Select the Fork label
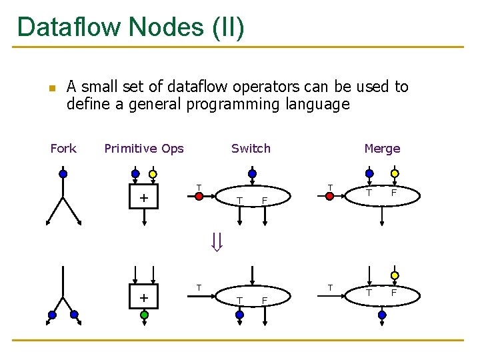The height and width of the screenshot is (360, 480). pyautogui.click(x=63, y=149)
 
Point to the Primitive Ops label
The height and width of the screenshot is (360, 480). pyautogui.click(x=144, y=149)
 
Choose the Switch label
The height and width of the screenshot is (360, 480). pyautogui.click(x=251, y=149)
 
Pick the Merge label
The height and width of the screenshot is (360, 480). pyautogui.click(x=382, y=149)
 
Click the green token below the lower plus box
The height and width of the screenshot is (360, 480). pyautogui.click(x=144, y=315)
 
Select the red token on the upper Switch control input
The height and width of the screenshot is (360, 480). pyautogui.click(x=199, y=196)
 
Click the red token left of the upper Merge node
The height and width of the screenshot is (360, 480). pyautogui.click(x=329, y=196)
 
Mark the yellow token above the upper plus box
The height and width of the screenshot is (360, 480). pyautogui.click(x=153, y=175)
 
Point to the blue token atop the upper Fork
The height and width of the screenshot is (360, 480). pyautogui.click(x=63, y=174)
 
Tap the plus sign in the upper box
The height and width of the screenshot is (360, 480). pyautogui.click(x=143, y=198)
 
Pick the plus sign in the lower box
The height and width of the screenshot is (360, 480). pyautogui.click(x=143, y=297)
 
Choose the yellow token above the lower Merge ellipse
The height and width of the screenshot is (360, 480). pyautogui.click(x=395, y=275)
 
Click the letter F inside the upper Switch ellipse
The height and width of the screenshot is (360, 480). pyautogui.click(x=265, y=201)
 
